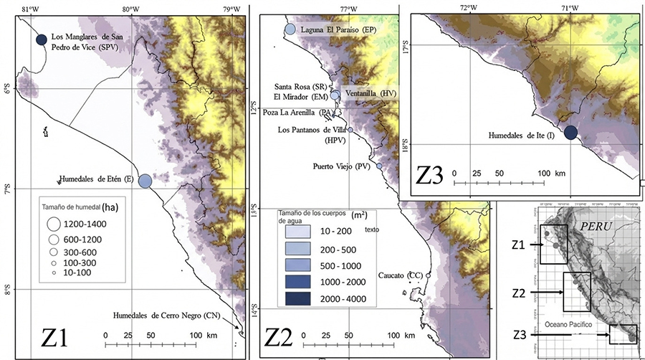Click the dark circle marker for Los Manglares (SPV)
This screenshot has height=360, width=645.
[41, 40]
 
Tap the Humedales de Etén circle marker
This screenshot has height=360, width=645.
[145, 181]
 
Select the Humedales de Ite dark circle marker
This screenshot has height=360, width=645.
[570, 132]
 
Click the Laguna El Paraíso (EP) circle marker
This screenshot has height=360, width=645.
[290, 29]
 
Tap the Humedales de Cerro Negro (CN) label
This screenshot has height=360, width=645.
[166, 315]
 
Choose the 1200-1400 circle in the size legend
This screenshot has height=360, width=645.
[54, 224]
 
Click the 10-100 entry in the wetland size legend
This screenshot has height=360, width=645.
[54, 273]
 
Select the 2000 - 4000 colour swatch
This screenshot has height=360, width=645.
[296, 297]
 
